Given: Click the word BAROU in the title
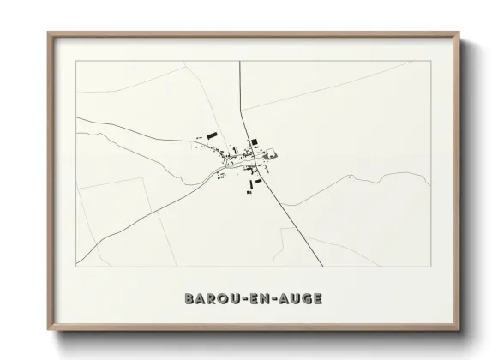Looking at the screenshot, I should [207, 298].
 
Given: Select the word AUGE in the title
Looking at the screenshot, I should [297, 298].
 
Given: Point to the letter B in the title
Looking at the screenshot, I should [189, 298].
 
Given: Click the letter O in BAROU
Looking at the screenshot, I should [218, 298].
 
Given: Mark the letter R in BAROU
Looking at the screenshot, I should [208, 298].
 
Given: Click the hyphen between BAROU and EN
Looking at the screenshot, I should [237, 298].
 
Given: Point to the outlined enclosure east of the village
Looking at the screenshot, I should [273, 154].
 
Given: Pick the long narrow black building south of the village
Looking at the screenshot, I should [251, 183].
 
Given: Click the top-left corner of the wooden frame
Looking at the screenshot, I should [49, 33].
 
